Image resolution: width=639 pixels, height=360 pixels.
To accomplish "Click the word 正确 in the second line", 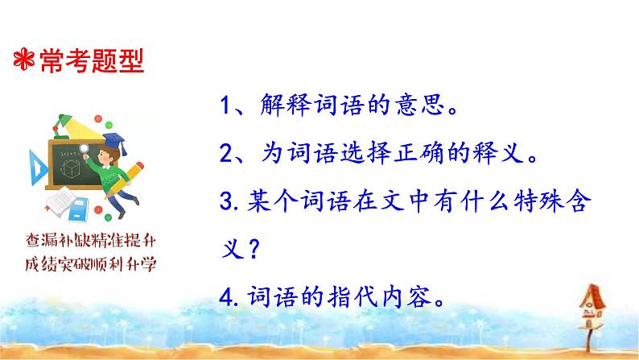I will click(444, 152).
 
